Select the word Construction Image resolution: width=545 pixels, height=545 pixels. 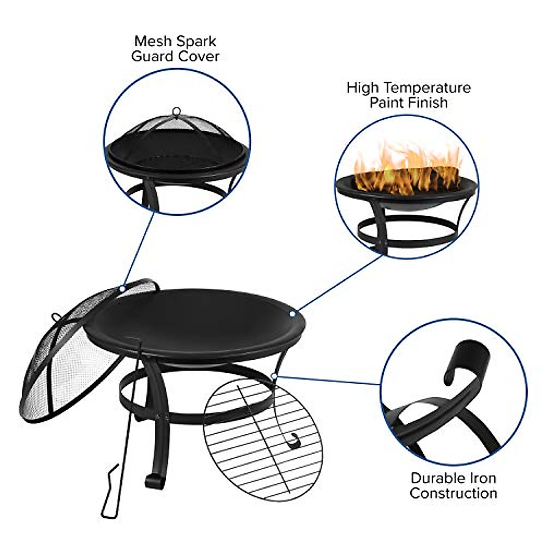coord(453,493)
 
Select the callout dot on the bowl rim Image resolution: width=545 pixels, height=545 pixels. coord(292,313)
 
